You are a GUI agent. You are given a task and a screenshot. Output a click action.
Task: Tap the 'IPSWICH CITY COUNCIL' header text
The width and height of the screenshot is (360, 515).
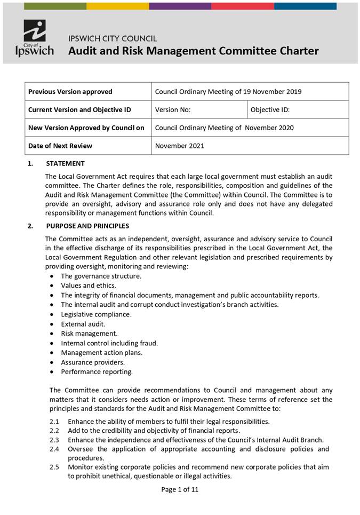click(x=113, y=38)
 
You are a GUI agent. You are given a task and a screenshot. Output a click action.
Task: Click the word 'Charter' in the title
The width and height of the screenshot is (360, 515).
click(x=297, y=51)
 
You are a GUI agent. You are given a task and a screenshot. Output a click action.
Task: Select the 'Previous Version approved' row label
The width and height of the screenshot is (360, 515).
click(x=70, y=91)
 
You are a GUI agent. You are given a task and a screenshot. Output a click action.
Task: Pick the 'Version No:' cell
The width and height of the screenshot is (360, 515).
click(x=173, y=110)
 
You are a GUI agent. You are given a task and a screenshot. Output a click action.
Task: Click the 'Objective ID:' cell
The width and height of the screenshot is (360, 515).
click(x=270, y=110)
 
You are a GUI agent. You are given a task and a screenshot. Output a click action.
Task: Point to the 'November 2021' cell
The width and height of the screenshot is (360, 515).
click(x=179, y=146)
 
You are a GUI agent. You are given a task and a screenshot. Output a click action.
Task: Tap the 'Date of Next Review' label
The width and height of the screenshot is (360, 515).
click(x=60, y=146)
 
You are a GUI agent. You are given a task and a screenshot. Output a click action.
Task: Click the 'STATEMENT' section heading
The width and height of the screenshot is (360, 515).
click(x=65, y=163)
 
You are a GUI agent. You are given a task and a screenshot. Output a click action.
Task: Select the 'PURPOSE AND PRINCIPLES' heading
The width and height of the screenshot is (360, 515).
click(x=87, y=226)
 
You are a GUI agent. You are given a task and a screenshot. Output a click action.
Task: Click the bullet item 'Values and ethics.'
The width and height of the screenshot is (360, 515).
click(x=89, y=286)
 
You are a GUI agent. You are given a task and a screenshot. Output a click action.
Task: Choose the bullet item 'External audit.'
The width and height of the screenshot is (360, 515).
click(x=83, y=324)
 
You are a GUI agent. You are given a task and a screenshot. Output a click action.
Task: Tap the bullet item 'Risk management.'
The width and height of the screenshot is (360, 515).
click(x=89, y=334)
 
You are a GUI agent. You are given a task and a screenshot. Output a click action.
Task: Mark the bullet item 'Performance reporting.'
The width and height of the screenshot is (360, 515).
click(x=97, y=372)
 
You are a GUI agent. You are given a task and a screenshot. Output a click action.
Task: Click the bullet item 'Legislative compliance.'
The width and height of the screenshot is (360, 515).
click(x=96, y=314)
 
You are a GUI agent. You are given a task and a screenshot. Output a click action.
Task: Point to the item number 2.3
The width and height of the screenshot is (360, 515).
click(x=54, y=440)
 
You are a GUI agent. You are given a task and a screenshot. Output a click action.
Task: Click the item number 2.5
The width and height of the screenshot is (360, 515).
click(x=54, y=467)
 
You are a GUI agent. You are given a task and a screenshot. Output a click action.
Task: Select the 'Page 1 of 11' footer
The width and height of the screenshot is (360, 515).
click(x=180, y=489)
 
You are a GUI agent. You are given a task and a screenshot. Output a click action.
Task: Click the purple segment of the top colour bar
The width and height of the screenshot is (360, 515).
click(x=180, y=6)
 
